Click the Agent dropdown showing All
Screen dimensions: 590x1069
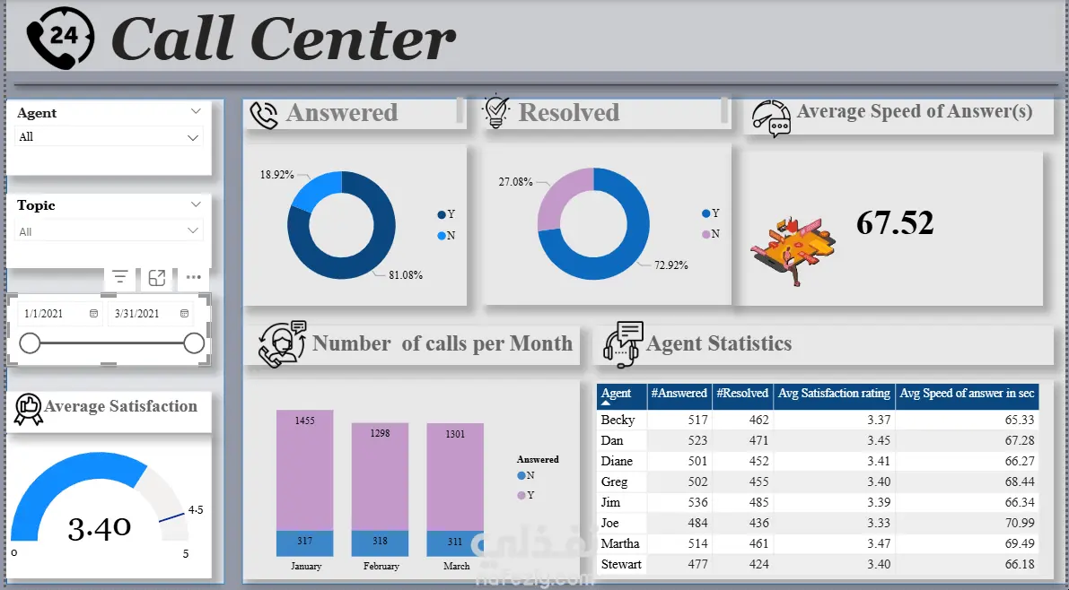(x=109, y=137)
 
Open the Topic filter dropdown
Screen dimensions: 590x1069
(x=109, y=231)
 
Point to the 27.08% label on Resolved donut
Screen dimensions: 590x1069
(x=515, y=181)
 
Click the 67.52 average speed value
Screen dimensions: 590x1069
(x=894, y=222)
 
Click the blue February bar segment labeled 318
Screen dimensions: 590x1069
(x=381, y=542)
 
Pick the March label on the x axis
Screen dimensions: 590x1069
(x=457, y=566)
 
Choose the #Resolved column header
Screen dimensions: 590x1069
(x=741, y=393)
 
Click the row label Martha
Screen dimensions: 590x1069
(x=620, y=543)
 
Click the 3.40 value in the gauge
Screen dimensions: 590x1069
(x=100, y=527)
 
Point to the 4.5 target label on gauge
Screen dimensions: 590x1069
(x=195, y=510)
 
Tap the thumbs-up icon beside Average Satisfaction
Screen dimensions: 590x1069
(x=29, y=409)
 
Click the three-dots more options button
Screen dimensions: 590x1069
(x=193, y=278)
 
